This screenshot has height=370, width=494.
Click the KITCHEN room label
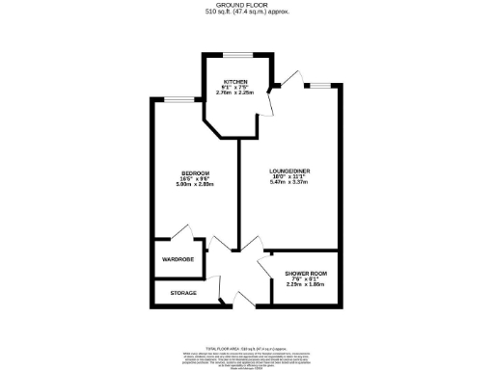click(236, 82)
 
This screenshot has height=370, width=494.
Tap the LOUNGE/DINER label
click(289, 171)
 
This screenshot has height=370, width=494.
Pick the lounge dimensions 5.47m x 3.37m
click(289, 184)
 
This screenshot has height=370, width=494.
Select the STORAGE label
click(183, 293)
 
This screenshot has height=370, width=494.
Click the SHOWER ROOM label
click(305, 275)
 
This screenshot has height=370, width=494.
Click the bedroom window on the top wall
click(178, 98)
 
